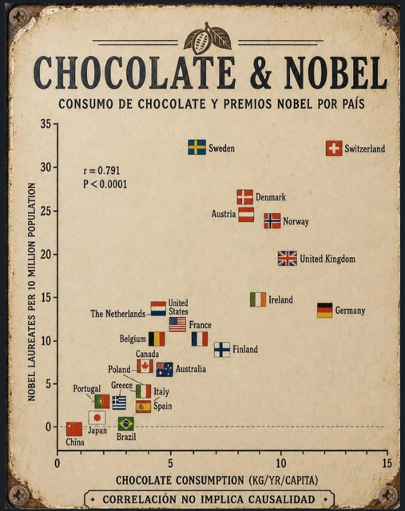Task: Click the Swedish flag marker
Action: pos(197,147)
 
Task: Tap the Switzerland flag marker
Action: pos(334,149)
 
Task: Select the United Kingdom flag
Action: pos(288,259)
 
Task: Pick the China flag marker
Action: pos(74,429)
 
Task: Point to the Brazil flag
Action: pos(126,424)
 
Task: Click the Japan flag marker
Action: pos(97,418)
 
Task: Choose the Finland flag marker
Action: pos(222,350)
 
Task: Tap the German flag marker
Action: pos(325,311)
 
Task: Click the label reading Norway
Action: pos(296,222)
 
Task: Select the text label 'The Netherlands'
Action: pos(117,314)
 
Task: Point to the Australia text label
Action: pos(191,369)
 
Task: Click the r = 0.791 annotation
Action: pos(101,170)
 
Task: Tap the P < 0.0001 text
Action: pos(105,184)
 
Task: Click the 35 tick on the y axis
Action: pos(46,125)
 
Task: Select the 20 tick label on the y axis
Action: pos(46,254)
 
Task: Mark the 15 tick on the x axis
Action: pos(387,463)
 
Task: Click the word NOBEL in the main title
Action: pos(335,73)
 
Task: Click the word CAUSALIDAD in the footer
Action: pos(282,499)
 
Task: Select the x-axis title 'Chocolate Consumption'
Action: pos(180,480)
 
